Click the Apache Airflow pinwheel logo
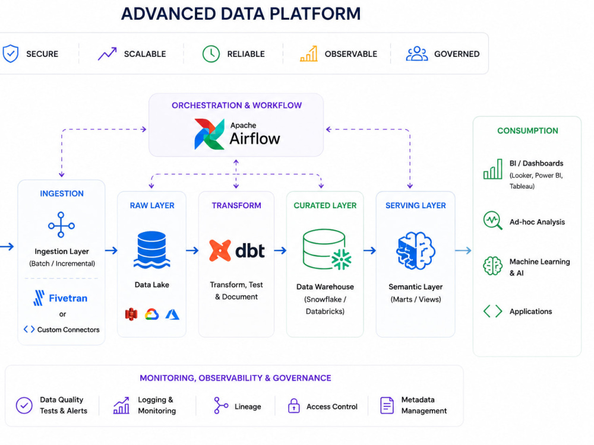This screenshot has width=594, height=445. tap(209, 134)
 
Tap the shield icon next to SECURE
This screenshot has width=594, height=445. tap(11, 54)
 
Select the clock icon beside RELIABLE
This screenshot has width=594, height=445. tap(211, 54)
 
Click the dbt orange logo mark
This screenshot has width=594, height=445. tap(220, 250)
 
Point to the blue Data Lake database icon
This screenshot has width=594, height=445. tap(151, 250)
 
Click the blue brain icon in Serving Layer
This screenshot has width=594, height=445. tap(416, 251)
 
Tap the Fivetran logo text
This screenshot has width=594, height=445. tap(68, 298)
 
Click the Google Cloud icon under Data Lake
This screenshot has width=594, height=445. tap(151, 314)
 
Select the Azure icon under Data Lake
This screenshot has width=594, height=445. tap(172, 314)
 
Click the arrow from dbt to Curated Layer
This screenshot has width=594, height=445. tap(280, 250)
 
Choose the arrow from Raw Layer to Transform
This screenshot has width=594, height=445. tap(192, 250)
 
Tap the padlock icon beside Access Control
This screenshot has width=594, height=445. tap(294, 406)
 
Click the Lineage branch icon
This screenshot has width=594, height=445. tap(221, 405)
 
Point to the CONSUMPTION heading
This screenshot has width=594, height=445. tap(527, 131)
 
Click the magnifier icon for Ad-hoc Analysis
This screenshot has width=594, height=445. tap(492, 221)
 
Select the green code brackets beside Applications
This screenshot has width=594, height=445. tap(492, 311)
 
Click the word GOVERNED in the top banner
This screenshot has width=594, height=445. tap(457, 54)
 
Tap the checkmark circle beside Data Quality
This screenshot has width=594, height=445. tap(24, 405)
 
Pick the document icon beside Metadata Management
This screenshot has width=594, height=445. tap(387, 405)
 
